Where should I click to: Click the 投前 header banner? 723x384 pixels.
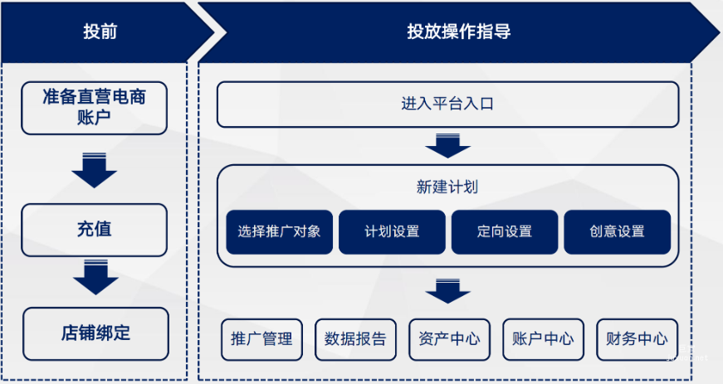100,32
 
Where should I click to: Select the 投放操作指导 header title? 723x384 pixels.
458,32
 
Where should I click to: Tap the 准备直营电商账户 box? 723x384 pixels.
94,108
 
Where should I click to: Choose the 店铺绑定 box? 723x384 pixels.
95,333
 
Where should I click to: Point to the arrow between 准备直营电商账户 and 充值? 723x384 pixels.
94,169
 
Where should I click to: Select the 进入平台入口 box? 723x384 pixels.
447,105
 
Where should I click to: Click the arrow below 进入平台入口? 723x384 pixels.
447,145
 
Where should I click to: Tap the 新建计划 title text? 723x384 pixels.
447,187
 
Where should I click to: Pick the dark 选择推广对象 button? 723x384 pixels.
279,231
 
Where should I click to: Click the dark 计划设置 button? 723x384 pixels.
392,231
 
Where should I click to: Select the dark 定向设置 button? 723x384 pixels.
505,231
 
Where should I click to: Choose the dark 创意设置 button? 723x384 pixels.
617,231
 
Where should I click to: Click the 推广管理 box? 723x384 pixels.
261,339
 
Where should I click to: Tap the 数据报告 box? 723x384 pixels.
355,339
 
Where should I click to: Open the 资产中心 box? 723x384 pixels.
449,339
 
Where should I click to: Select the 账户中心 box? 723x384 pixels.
543,339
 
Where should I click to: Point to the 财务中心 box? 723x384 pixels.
637,339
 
